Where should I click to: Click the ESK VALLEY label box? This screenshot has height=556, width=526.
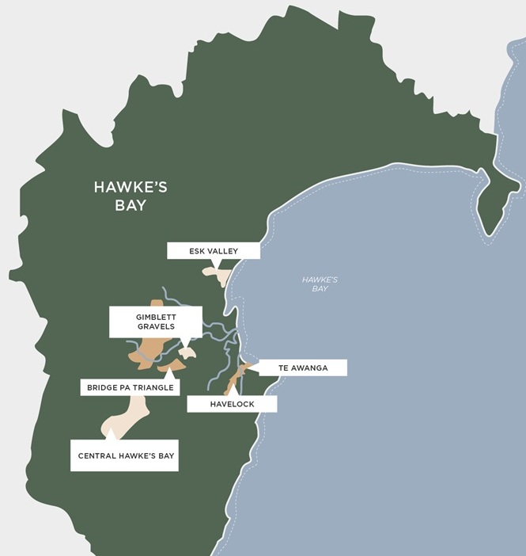pyautogui.click(x=214, y=251)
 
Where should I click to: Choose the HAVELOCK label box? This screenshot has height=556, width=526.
pyautogui.click(x=232, y=404)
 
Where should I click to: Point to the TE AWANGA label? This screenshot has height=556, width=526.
pyautogui.click(x=302, y=368)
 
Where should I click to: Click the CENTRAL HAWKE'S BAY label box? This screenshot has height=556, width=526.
pyautogui.click(x=124, y=455)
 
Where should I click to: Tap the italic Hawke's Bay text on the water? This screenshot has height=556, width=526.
pyautogui.click(x=320, y=284)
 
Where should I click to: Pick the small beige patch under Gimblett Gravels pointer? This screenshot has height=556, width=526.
pyautogui.click(x=187, y=351)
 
